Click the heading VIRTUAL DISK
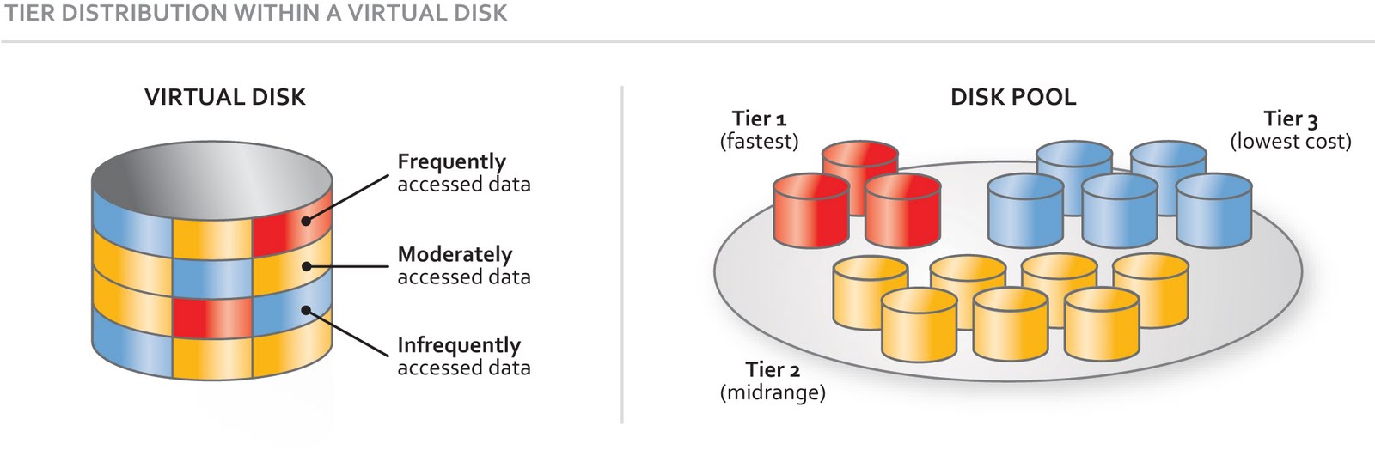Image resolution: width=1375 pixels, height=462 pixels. (224, 97)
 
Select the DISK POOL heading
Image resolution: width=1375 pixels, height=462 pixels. (1012, 97)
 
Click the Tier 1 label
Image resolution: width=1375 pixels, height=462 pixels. (759, 119)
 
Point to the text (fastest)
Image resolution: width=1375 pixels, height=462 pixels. (759, 141)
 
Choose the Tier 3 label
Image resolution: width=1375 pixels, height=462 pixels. (1290, 119)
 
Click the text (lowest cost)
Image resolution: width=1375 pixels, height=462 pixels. (1290, 141)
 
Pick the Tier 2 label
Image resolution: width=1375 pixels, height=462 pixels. (772, 370)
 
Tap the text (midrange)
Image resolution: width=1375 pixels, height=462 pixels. (772, 392)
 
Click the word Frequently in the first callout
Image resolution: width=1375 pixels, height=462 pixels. (451, 161)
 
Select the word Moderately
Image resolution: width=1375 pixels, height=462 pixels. (455, 254)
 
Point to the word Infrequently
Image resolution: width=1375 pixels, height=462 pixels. (458, 345)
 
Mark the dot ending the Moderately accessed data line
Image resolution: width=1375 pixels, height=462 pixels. (306, 267)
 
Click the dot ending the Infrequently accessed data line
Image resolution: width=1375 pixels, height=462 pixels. (306, 311)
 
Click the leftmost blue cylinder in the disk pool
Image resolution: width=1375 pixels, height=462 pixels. (1024, 210)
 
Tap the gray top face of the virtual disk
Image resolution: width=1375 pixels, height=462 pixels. (211, 180)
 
